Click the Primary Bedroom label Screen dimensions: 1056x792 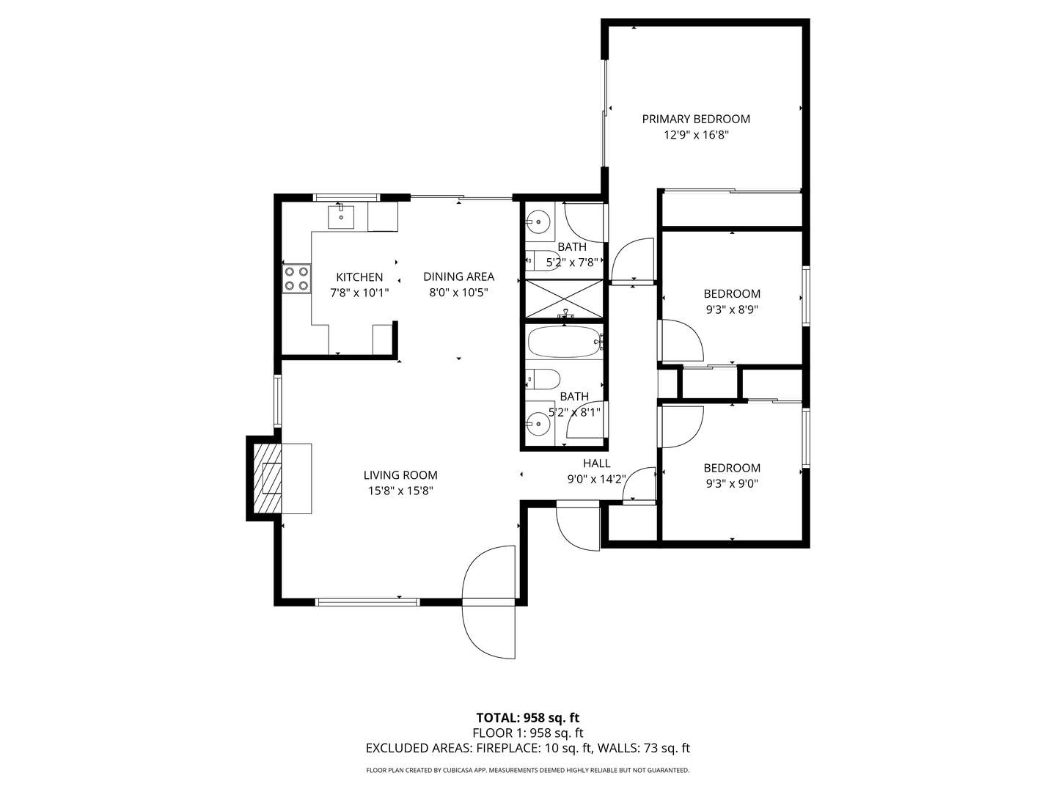[696, 119]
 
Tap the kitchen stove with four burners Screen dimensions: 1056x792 [296, 279]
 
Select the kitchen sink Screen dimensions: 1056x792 [341, 217]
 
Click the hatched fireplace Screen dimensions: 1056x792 [264, 478]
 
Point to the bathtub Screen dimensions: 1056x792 [564, 342]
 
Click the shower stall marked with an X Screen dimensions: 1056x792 [564, 298]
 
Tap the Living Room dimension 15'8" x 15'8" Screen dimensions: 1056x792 [400, 491]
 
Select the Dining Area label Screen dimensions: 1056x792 [458, 276]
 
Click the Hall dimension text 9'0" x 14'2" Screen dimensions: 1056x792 [596, 480]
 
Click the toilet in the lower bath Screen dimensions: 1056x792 [543, 380]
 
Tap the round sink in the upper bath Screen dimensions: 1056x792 [538, 222]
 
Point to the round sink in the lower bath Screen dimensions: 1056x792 [538, 424]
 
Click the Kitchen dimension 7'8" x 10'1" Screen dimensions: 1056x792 [359, 293]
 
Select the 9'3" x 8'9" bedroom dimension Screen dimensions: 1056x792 [732, 309]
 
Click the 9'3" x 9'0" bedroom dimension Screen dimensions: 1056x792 [732, 484]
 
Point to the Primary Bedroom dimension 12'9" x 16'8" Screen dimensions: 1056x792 [696, 135]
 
